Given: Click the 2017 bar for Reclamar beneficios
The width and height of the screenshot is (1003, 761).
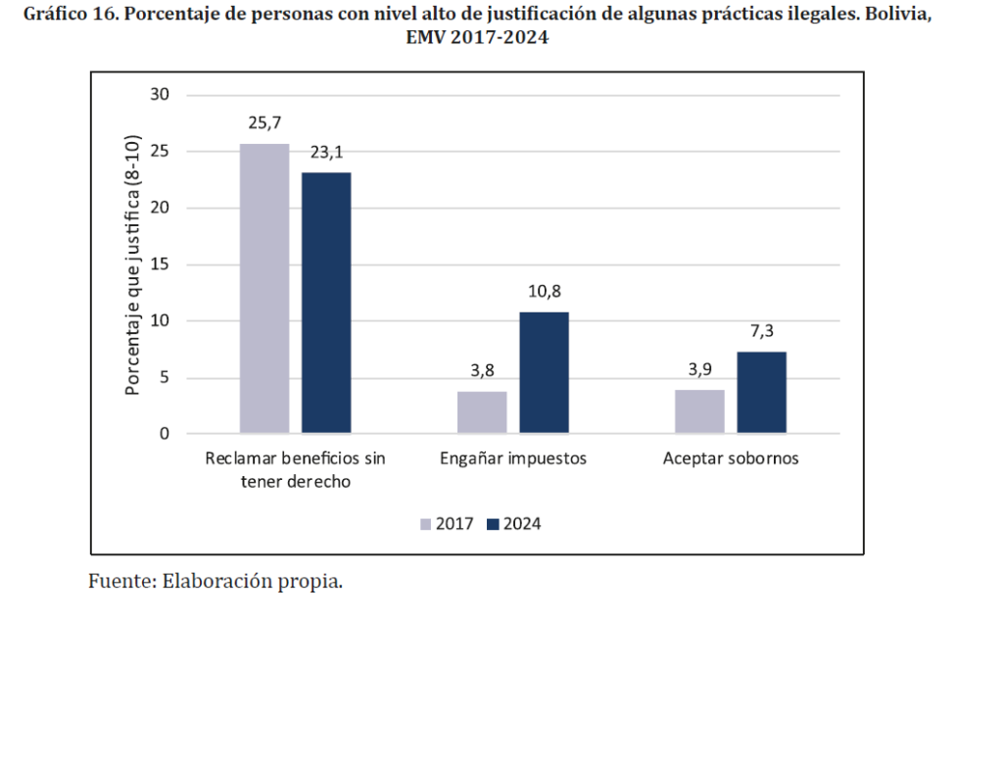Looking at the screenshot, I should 264,288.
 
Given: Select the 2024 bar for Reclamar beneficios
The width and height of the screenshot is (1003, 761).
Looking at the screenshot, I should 326,303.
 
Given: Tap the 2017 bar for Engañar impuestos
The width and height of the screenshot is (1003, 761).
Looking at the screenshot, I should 482,411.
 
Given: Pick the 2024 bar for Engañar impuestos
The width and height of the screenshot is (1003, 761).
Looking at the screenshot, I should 544,372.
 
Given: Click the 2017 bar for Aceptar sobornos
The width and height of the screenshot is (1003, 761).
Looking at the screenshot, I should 699,411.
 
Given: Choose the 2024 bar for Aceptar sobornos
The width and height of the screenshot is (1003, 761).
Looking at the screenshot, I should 761,392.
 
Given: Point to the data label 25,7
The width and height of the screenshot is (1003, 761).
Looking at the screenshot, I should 264,123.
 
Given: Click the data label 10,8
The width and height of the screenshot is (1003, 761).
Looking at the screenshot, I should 544,292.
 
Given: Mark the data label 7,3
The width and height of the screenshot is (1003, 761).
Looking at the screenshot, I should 762,331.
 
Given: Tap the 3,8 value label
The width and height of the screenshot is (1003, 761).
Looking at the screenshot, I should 482,370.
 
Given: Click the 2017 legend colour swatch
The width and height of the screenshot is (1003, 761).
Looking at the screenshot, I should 426,524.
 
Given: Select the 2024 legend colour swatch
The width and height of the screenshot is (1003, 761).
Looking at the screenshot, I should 493,524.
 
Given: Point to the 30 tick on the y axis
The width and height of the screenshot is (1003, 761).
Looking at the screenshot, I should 160,95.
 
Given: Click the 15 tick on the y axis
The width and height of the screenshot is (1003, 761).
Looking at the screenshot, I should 160,264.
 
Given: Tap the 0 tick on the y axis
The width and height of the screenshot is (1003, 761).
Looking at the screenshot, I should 165,434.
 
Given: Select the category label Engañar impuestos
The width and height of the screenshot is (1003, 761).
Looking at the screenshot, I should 512,458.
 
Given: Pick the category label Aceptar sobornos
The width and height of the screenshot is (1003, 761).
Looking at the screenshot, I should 731,458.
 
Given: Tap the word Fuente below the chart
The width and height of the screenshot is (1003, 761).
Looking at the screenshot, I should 119,580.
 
